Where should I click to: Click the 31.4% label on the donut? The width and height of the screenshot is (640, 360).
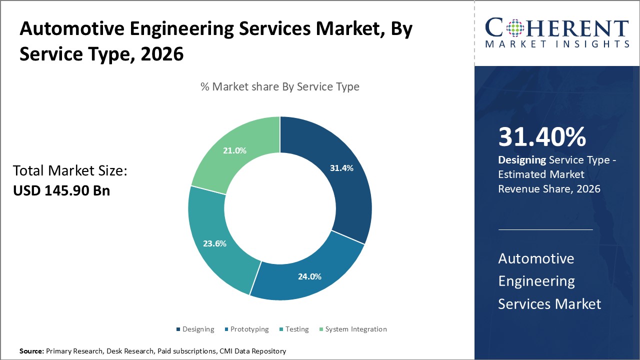[341, 168]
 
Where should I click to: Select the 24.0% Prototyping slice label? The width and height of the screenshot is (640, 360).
[310, 276]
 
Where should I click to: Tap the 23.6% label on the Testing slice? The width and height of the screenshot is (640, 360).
[214, 244]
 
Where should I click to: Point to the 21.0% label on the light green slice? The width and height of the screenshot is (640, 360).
[234, 150]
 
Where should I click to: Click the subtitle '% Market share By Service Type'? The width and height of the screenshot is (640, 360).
[280, 86]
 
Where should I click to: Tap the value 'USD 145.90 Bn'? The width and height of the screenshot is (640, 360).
[61, 190]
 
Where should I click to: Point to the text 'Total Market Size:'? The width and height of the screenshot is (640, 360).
[70, 171]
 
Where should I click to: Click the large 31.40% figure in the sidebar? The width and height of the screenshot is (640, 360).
[542, 137]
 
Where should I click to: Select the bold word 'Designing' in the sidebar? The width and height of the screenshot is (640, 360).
[521, 160]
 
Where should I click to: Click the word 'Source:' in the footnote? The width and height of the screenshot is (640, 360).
[32, 351]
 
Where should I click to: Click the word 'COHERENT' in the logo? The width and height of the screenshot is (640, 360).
[556, 28]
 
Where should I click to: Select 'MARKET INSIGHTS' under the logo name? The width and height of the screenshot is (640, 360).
[556, 44]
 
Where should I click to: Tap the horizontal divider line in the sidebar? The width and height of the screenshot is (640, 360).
[545, 229]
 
